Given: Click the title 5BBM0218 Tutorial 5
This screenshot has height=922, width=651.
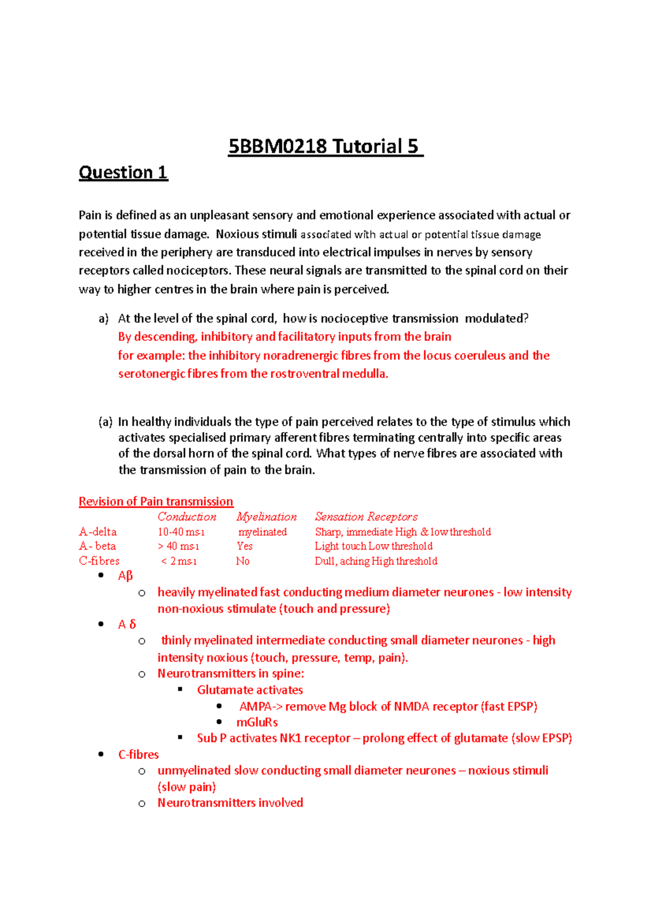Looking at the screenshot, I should (x=325, y=147).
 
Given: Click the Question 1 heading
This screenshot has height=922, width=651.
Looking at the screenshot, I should (x=123, y=173).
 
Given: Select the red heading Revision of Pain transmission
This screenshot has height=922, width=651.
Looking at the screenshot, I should (x=156, y=501).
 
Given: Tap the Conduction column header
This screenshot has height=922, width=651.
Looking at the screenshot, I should (x=187, y=517).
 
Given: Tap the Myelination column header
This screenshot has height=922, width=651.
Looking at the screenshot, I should (x=266, y=517).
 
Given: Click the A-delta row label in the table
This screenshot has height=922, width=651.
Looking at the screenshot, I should (x=98, y=532).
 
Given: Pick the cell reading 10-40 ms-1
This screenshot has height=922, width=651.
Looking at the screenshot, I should (x=181, y=532).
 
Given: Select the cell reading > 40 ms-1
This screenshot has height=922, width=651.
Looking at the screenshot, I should (x=178, y=546).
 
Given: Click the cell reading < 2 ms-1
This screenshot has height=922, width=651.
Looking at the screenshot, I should (x=178, y=561).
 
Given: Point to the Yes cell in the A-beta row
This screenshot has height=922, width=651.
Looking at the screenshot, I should (x=245, y=546).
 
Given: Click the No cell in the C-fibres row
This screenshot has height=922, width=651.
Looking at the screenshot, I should (x=242, y=561).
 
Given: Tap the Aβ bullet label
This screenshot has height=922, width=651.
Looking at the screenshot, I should (x=125, y=576).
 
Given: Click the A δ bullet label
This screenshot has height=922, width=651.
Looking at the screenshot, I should (x=127, y=624).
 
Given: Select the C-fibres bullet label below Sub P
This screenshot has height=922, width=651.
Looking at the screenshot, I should (x=138, y=755).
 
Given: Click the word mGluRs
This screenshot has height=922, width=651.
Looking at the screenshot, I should (x=257, y=722).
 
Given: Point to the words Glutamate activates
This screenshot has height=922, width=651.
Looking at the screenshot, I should (x=250, y=690).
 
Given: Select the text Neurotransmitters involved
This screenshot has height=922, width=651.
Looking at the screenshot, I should (x=230, y=803).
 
